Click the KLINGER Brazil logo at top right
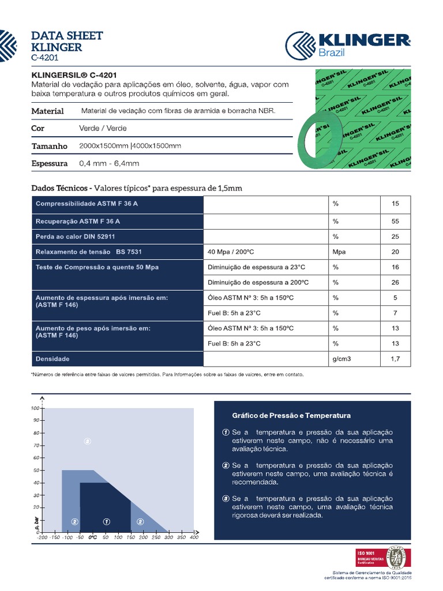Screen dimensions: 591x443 348,45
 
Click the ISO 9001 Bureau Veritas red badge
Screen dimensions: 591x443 369,556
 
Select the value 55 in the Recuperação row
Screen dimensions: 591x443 395,221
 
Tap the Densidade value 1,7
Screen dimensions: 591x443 395,359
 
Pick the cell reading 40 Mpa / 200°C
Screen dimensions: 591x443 231,252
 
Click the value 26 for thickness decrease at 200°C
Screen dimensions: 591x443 395,283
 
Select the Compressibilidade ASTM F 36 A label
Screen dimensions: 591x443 87,204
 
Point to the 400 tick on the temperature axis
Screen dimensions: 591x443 194,537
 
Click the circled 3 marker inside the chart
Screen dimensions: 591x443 87,442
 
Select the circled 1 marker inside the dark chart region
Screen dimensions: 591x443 106,521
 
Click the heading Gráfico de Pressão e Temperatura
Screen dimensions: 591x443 291,416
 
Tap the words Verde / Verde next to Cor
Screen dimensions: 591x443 103,128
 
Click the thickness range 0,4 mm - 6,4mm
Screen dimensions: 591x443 109,163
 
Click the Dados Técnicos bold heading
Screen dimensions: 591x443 60,188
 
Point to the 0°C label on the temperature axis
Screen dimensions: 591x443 92,537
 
